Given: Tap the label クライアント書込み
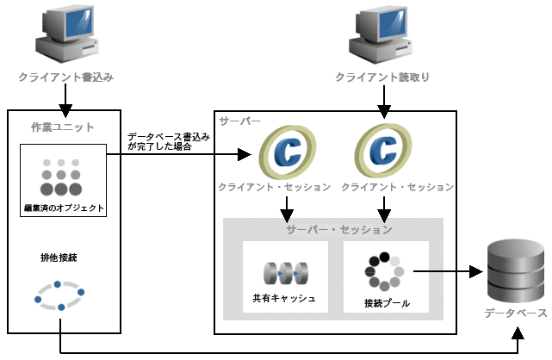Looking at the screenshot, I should click(66, 78).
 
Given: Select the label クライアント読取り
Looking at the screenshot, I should click(383, 78).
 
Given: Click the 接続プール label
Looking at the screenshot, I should click(387, 303).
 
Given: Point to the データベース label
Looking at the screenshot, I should click(515, 313).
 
